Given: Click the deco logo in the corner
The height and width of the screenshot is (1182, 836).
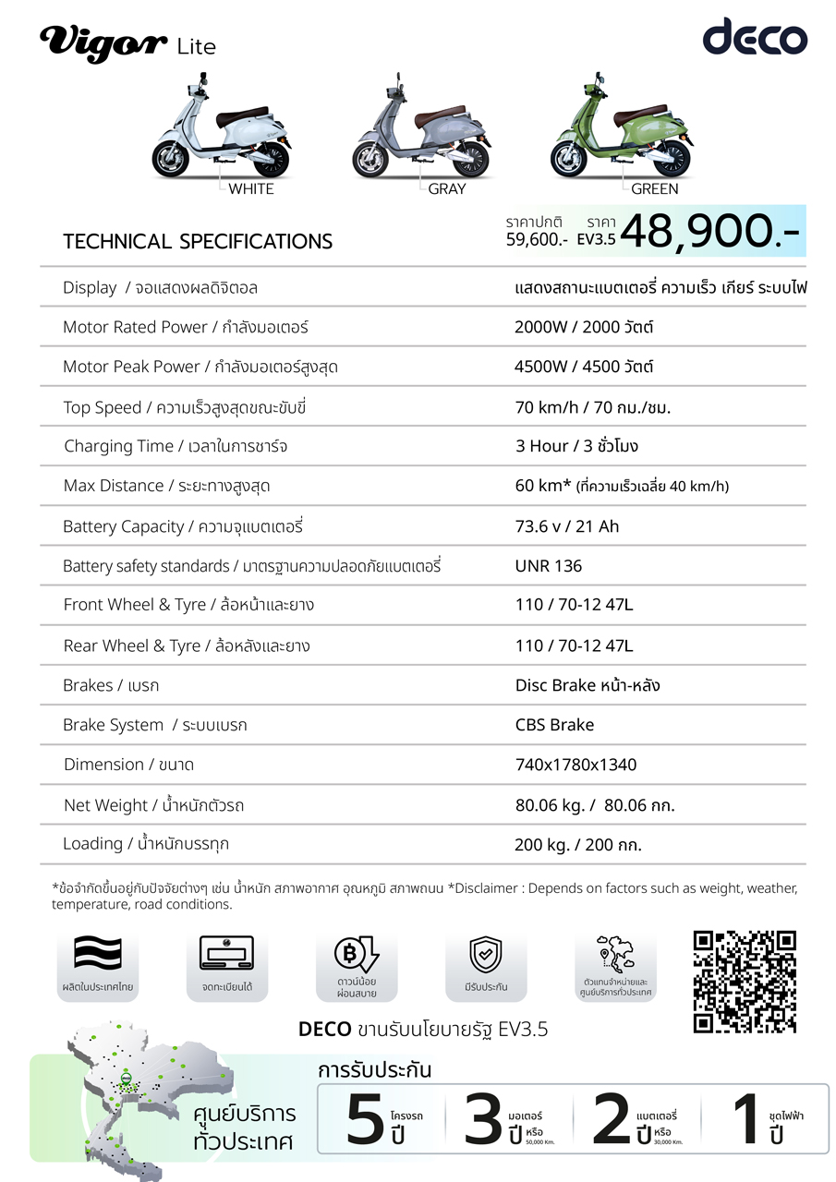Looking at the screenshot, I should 755,38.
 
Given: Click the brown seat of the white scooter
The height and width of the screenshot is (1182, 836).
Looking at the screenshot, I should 241,117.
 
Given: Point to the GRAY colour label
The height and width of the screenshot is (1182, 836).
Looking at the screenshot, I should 447,189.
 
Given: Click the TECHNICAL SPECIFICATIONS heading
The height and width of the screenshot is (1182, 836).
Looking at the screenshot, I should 198,242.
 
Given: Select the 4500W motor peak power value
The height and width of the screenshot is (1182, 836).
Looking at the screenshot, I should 584,367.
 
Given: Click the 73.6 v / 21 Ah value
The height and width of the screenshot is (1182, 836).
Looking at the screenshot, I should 567,526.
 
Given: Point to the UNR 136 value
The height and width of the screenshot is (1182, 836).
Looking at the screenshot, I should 549,566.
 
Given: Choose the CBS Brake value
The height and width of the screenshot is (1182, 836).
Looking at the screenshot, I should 554,725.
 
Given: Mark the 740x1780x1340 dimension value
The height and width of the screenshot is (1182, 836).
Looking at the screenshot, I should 576,765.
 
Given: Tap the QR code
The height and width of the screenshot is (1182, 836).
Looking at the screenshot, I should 745,981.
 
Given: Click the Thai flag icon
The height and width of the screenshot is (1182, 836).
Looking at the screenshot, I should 97,954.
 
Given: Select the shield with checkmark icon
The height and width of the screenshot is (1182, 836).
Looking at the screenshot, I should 485,954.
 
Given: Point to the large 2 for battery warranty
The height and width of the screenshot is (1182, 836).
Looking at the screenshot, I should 611,1118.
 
